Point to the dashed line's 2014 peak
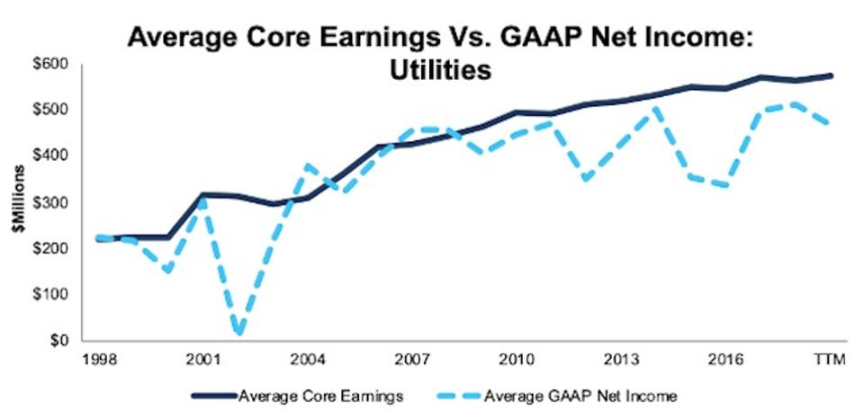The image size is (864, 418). [x=655, y=108]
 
